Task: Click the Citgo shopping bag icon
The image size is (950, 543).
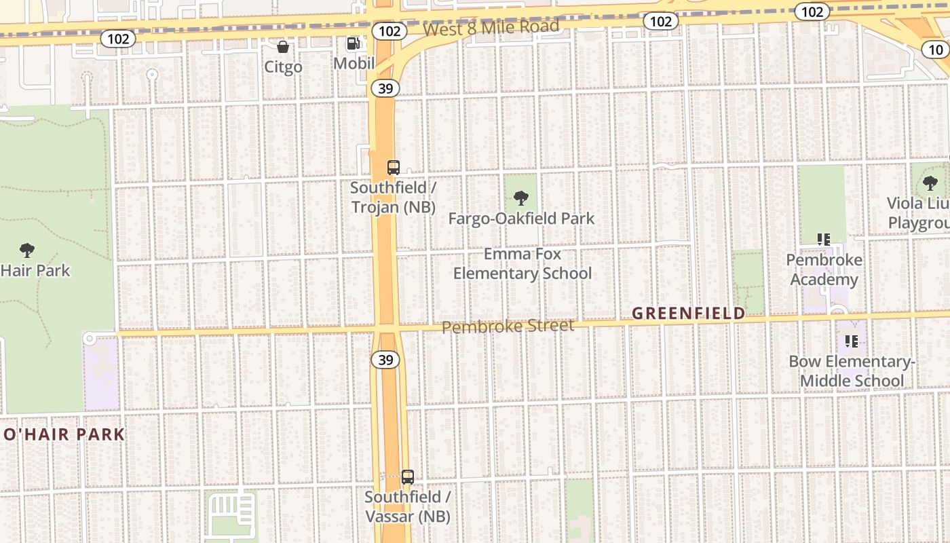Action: [283, 47]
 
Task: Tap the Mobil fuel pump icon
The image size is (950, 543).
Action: [354, 43]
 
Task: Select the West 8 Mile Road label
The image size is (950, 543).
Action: [491, 28]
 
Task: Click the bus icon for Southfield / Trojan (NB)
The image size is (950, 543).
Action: [393, 168]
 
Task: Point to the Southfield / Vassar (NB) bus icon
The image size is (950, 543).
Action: [407, 476]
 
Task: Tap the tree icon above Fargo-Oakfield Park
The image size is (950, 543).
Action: [521, 198]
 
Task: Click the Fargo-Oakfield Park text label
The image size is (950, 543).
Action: [521, 219]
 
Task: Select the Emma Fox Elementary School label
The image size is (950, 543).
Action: [522, 263]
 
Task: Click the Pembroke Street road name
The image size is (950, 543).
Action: [508, 326]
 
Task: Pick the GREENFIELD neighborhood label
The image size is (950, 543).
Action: [688, 313]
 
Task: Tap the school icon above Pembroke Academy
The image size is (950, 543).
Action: [824, 240]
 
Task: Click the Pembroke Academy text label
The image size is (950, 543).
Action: [824, 269]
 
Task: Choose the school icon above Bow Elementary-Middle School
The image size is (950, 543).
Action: [852, 341]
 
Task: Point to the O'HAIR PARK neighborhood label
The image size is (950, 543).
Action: [64, 434]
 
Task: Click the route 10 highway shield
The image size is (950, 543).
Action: [936, 50]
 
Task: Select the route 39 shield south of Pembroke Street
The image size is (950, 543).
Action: [385, 360]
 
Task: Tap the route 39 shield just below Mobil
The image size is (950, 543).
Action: [385, 88]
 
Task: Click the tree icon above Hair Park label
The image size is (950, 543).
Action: [27, 250]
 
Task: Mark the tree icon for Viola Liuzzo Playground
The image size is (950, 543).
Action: [930, 183]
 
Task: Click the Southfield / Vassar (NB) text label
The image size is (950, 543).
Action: [407, 506]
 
